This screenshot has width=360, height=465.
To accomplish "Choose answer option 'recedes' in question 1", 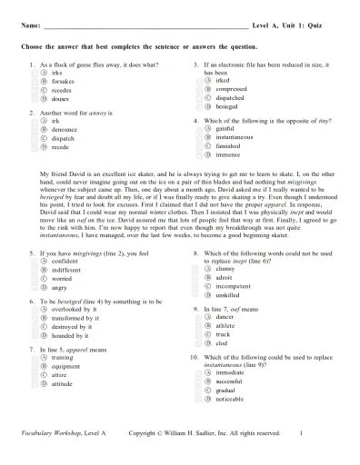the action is point(61,91).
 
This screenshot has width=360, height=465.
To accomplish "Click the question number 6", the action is point(32,301).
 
